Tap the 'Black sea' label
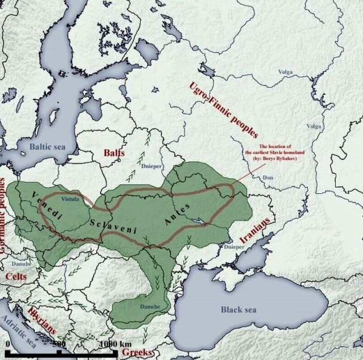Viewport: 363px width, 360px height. coord(238,310)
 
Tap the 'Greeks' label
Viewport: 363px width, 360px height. coord(137,353)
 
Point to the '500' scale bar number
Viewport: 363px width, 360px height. coord(60,344)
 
